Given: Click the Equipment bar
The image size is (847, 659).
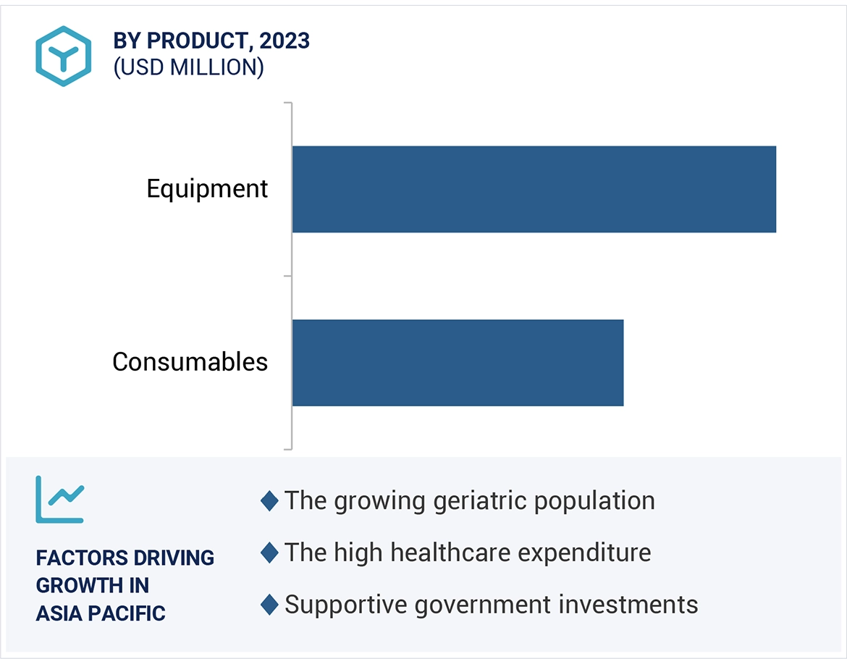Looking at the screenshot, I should pos(534,189).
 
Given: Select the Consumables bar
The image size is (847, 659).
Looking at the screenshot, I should pos(458,362).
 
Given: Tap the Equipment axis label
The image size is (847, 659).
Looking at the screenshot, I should pos(207,189).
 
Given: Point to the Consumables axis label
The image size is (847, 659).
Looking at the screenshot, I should pos(190,361).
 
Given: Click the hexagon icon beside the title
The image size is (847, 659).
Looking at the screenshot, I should pos(64,56).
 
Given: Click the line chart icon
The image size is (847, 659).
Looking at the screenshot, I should pos(60,500).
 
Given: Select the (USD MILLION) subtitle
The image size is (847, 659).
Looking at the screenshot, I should pos(188,67).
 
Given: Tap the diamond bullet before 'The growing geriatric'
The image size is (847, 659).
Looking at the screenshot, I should pos(269,501).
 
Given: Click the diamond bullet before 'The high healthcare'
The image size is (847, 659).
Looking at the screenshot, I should pos(269,553).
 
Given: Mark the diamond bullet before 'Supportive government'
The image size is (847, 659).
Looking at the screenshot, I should pos(269,605).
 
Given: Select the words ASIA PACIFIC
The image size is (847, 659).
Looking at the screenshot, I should pos(101,613).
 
